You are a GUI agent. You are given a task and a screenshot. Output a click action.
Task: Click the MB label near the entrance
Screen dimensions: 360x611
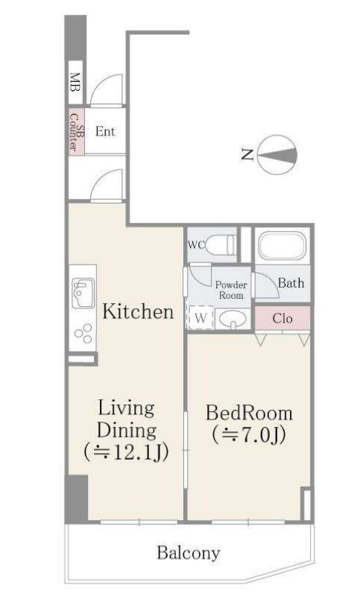tap(75, 82)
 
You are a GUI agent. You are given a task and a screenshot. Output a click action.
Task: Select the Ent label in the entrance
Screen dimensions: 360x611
tap(105, 131)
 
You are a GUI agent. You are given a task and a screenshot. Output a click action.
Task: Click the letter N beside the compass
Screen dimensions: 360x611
tap(247, 155)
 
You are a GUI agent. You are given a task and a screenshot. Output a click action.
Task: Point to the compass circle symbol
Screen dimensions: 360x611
tap(277, 155)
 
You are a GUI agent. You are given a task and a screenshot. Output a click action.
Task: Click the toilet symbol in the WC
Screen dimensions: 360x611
tap(220, 244)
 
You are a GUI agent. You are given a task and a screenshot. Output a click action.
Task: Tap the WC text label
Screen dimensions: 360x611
tap(196, 245)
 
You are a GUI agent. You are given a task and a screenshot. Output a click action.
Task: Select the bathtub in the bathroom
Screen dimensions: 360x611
tap(282, 245)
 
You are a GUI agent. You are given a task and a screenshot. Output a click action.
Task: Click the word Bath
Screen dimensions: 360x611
tap(291, 283)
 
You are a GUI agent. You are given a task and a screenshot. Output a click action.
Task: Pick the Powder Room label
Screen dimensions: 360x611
tap(231, 290)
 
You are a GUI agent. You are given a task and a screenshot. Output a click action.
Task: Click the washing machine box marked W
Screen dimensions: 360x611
tap(200, 318)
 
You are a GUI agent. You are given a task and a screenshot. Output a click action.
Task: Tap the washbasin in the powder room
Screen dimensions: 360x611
tap(233, 320)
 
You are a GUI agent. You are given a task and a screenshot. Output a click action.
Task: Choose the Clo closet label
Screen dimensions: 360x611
tap(282, 318)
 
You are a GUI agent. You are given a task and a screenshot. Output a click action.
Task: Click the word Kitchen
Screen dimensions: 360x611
tap(138, 312)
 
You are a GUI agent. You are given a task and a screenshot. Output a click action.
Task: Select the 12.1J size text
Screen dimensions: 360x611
tap(126, 452)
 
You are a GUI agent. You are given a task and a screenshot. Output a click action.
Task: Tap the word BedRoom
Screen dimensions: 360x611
tap(250, 413)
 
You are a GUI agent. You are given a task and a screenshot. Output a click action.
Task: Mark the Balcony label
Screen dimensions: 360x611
tap(189, 553)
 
